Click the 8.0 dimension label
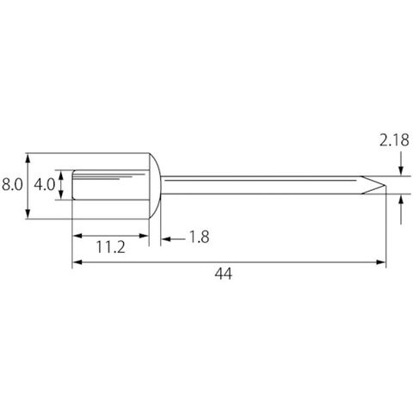(x=12, y=184)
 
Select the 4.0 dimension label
(x=44, y=184)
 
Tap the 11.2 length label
(x=110, y=247)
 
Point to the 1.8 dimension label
(x=200, y=237)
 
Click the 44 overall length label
(x=224, y=274)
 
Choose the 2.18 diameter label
(x=394, y=140)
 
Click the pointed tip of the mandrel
(x=385, y=185)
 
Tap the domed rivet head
(x=155, y=186)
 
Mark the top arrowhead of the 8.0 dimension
(x=28, y=157)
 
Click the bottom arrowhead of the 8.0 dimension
(x=28, y=214)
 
